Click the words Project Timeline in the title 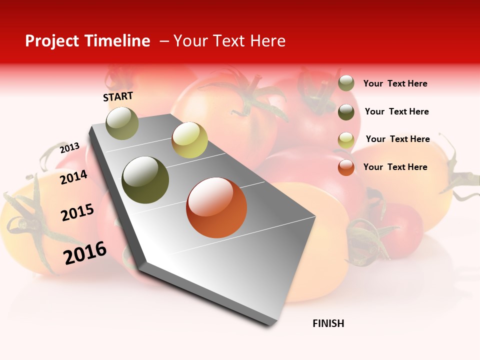point(87,41)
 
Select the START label point(118,96)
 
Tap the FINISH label point(328,323)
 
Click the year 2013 point(69,148)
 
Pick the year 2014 point(73,177)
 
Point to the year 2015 point(77,212)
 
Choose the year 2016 point(85,253)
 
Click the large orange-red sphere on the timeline point(216,207)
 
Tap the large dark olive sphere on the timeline point(145,180)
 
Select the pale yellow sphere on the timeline point(189,139)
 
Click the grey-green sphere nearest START point(122,123)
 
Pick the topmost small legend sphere point(346,83)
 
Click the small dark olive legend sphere point(346,112)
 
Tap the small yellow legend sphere point(346,140)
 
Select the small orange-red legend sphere point(346,167)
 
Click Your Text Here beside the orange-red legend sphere point(395,167)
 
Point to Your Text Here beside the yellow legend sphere point(397,139)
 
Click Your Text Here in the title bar point(229,41)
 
